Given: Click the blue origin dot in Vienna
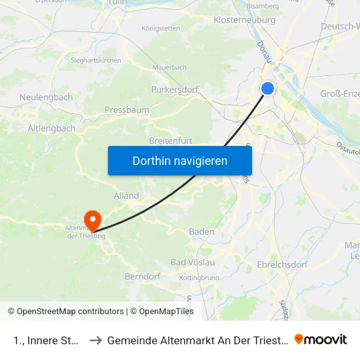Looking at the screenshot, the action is point(268,88).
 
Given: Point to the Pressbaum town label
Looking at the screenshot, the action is point(127,111).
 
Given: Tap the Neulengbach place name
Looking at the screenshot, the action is point(46,97).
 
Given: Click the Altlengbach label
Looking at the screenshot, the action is point(52,128).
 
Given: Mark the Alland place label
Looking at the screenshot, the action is point(126,196).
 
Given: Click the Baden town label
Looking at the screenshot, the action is point(202,232).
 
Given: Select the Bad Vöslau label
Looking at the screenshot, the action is point(192,262).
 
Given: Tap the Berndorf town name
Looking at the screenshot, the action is point(143,277).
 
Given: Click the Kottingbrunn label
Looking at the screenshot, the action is point(199,278).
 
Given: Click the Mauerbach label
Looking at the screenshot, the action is point(169,67).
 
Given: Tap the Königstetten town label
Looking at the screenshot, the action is point(161,29).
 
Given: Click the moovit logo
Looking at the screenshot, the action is point(321,340).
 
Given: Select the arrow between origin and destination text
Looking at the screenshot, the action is point(95,340).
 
